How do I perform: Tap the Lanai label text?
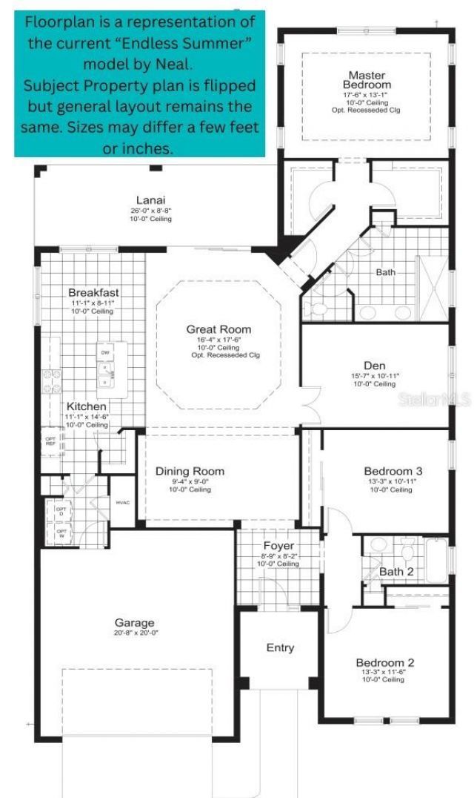tap(150, 199)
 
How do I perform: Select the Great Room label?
tap(218, 329)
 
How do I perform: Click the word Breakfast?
tap(93, 292)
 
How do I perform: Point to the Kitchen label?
tap(87, 406)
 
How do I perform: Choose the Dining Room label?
tap(190, 471)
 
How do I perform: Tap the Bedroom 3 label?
tap(393, 471)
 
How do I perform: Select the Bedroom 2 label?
tap(385, 662)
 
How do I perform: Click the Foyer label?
tap(278, 546)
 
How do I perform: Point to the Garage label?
tap(134, 622)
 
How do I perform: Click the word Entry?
tap(280, 647)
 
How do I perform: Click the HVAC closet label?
tap(122, 503)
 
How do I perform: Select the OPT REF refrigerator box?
tap(50, 441)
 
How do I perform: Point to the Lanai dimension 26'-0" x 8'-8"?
tap(150, 211)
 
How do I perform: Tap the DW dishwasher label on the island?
tap(105, 352)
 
